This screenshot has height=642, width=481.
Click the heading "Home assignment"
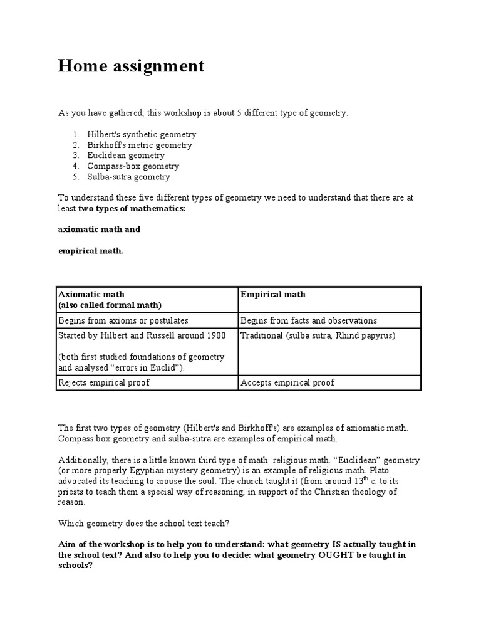131,66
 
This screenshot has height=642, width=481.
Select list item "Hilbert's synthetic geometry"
142,134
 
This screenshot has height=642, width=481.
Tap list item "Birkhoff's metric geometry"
140,145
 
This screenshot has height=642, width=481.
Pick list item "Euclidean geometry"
126,155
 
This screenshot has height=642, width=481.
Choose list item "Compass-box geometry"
133,166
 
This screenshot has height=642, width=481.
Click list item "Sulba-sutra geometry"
128,177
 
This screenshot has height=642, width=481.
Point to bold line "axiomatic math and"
99,229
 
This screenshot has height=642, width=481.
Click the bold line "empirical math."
91,251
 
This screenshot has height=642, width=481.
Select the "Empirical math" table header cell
273,294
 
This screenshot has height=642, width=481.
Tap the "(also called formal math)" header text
110,305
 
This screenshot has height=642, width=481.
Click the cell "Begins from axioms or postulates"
122,320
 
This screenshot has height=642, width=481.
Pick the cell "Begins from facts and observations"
308,320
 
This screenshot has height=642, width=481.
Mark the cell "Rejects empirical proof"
103,382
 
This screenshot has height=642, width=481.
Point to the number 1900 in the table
215,335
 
